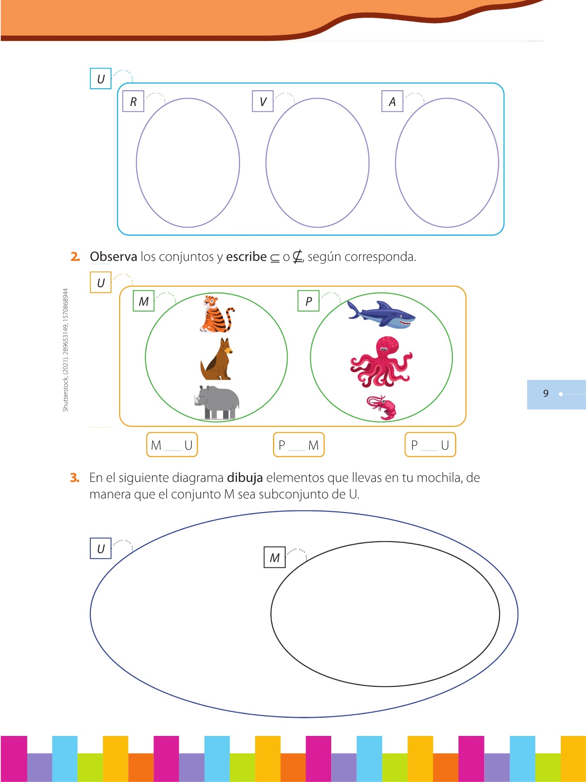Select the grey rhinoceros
tap(217, 402)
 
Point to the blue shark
tap(381, 314)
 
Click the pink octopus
tap(381, 361)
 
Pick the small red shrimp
tap(382, 408)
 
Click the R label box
tap(133, 101)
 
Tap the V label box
tap(263, 101)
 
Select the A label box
tap(392, 101)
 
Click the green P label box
tap(309, 301)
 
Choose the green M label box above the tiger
tap(144, 301)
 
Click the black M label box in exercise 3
tap(275, 557)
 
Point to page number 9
tap(546, 394)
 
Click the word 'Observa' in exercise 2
tap(113, 257)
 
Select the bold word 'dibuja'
tap(245, 478)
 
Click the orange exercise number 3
tap(75, 478)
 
